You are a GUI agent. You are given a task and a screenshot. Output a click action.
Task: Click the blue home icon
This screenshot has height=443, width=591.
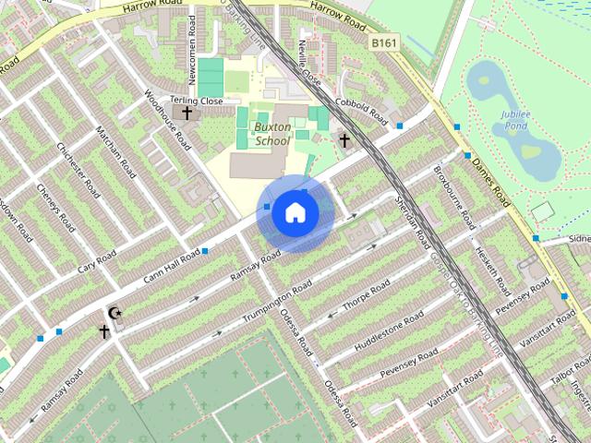pyautogui.click(x=295, y=213)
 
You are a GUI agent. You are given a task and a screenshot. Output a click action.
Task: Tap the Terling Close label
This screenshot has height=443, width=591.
pyautogui.click(x=197, y=101)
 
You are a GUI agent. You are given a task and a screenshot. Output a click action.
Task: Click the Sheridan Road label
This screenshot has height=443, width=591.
pyautogui.click(x=412, y=222)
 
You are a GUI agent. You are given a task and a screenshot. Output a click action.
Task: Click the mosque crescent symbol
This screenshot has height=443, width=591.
pyautogui.click(x=115, y=314)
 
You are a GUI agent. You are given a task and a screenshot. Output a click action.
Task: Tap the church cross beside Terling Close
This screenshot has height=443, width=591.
pyautogui.click(x=187, y=114)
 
